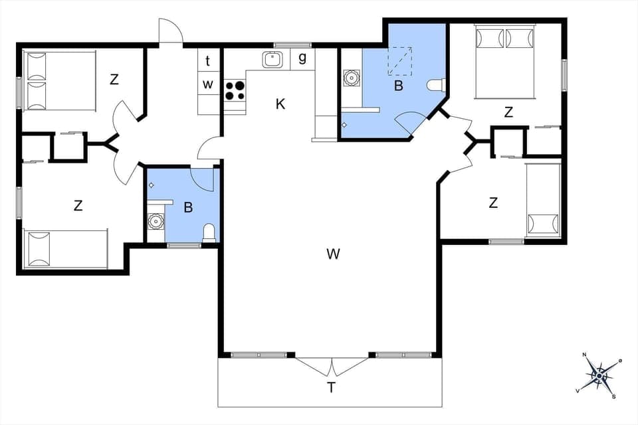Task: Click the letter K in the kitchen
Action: pos(280,104)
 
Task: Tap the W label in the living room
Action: pos(334,253)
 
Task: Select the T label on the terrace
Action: pos(330,388)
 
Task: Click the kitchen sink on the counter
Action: pos(272,59)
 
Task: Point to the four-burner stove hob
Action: pos(234,90)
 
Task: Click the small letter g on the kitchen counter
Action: pos(302,58)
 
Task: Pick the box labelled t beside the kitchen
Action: pos(208,61)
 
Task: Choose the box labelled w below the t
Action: pos(208,84)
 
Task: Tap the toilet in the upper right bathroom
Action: pos(435,85)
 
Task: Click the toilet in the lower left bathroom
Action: pos(209,232)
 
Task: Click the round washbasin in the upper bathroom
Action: pos(350,78)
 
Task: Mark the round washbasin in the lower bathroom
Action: pos(156,220)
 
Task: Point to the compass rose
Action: pos(600,375)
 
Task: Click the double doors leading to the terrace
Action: pos(331,366)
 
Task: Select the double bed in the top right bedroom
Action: pos(505,60)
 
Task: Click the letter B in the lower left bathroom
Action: pos(188,207)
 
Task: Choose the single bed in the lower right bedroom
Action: pos(542,200)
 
